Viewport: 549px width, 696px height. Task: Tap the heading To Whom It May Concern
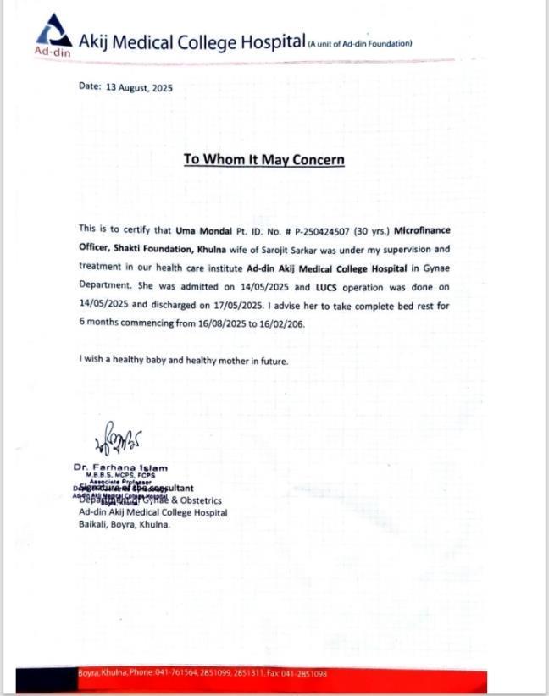tap(263, 160)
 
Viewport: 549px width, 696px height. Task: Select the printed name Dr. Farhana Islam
tap(120, 467)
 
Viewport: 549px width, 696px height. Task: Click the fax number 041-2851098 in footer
tap(305, 673)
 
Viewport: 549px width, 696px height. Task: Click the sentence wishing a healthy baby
tap(184, 361)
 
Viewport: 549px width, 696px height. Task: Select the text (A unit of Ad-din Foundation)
tap(360, 43)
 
